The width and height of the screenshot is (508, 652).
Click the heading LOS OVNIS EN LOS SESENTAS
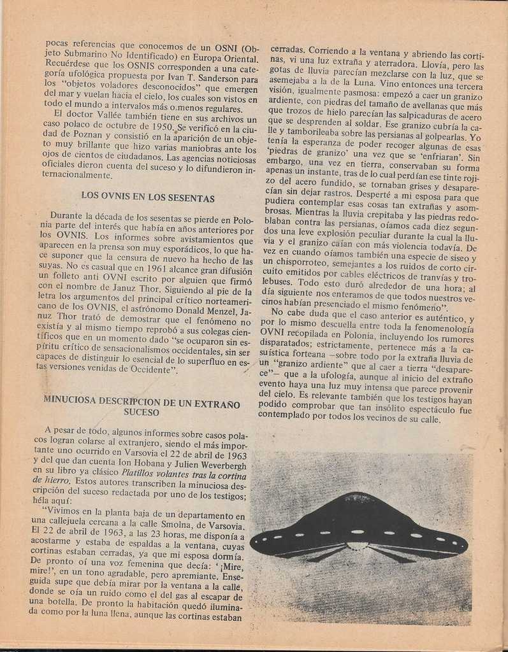pos(147,198)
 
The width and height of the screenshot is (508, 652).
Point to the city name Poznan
pos(78,138)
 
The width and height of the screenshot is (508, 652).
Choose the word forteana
pos(308,360)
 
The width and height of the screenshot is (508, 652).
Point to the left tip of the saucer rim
pos(252,543)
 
